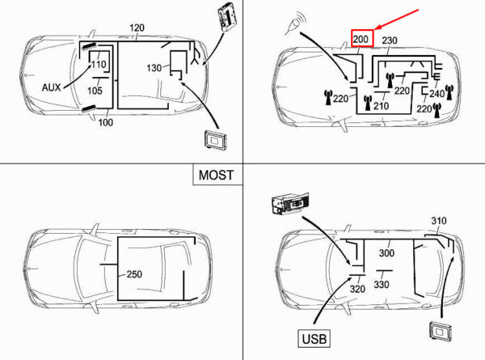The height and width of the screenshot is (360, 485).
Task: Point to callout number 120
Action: pyautogui.click(x=137, y=28)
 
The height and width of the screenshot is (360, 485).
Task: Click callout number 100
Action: pyautogui.click(x=106, y=123)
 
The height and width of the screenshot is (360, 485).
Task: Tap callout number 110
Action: pyautogui.click(x=99, y=64)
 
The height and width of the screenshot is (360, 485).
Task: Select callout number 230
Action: pyautogui.click(x=390, y=40)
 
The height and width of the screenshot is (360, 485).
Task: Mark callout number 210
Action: pyautogui.click(x=381, y=106)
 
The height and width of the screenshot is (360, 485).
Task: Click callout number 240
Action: pyautogui.click(x=437, y=93)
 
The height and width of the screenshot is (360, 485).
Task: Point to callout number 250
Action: pyautogui.click(x=134, y=274)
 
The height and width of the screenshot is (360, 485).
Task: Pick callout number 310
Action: pyautogui.click(x=438, y=221)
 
